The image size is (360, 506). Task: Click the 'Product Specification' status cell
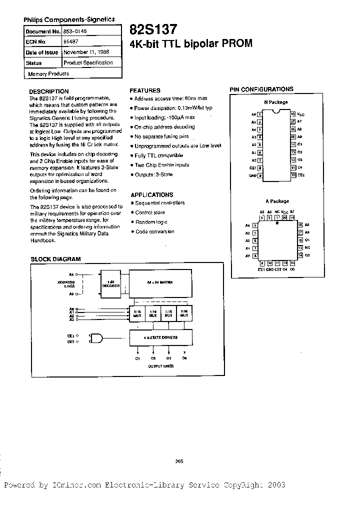click(x=88, y=63)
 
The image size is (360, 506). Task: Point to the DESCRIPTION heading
click(x=49, y=92)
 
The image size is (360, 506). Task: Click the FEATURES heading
click(x=145, y=90)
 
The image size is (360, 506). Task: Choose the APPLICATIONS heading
click(x=152, y=195)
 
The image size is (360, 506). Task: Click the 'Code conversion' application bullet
click(x=155, y=231)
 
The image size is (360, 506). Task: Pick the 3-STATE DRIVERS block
click(x=160, y=337)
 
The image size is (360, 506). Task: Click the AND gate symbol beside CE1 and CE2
click(x=95, y=338)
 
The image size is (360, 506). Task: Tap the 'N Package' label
click(x=276, y=102)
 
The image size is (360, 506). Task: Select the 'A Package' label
click(x=277, y=201)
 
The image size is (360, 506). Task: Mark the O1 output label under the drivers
click(x=137, y=358)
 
